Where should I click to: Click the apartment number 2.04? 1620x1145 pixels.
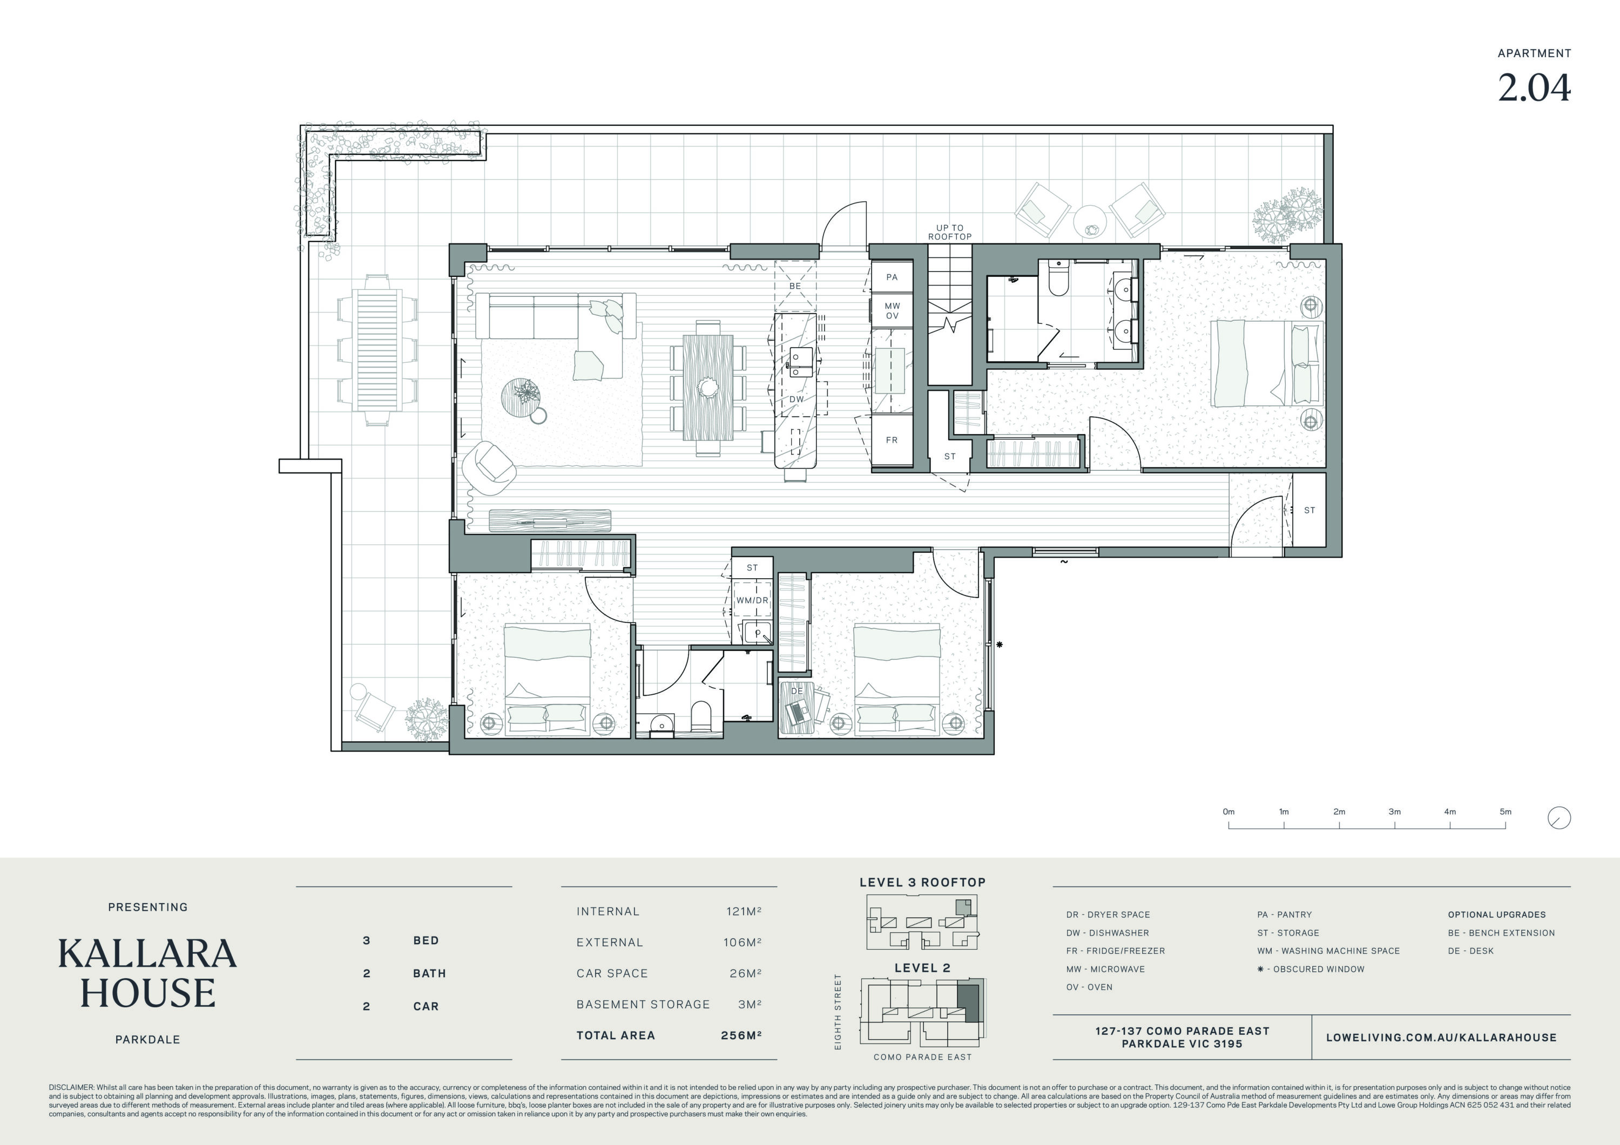1534,88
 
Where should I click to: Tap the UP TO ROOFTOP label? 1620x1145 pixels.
950,232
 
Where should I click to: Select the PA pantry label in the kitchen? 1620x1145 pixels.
892,277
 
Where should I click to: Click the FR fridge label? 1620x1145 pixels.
892,440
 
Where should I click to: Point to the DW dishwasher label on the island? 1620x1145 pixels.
796,399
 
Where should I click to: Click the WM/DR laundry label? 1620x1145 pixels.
752,600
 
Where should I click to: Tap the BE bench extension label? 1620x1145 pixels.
795,286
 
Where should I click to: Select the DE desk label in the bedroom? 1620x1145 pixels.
797,690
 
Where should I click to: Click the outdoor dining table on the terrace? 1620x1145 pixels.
377,350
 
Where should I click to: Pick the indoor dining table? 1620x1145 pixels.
708,387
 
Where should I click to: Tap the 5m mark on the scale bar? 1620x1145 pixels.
1506,811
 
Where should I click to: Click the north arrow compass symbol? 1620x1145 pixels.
1560,818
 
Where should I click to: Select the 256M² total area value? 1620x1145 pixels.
741,1035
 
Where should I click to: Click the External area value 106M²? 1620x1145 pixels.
742,943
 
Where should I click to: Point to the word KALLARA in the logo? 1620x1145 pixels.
147,954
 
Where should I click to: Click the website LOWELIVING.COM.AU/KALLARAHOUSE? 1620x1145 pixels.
1441,1038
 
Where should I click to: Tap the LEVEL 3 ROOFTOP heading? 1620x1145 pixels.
922,883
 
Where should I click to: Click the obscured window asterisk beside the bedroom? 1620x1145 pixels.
1000,645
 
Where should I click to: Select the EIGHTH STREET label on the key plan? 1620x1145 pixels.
838,1012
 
